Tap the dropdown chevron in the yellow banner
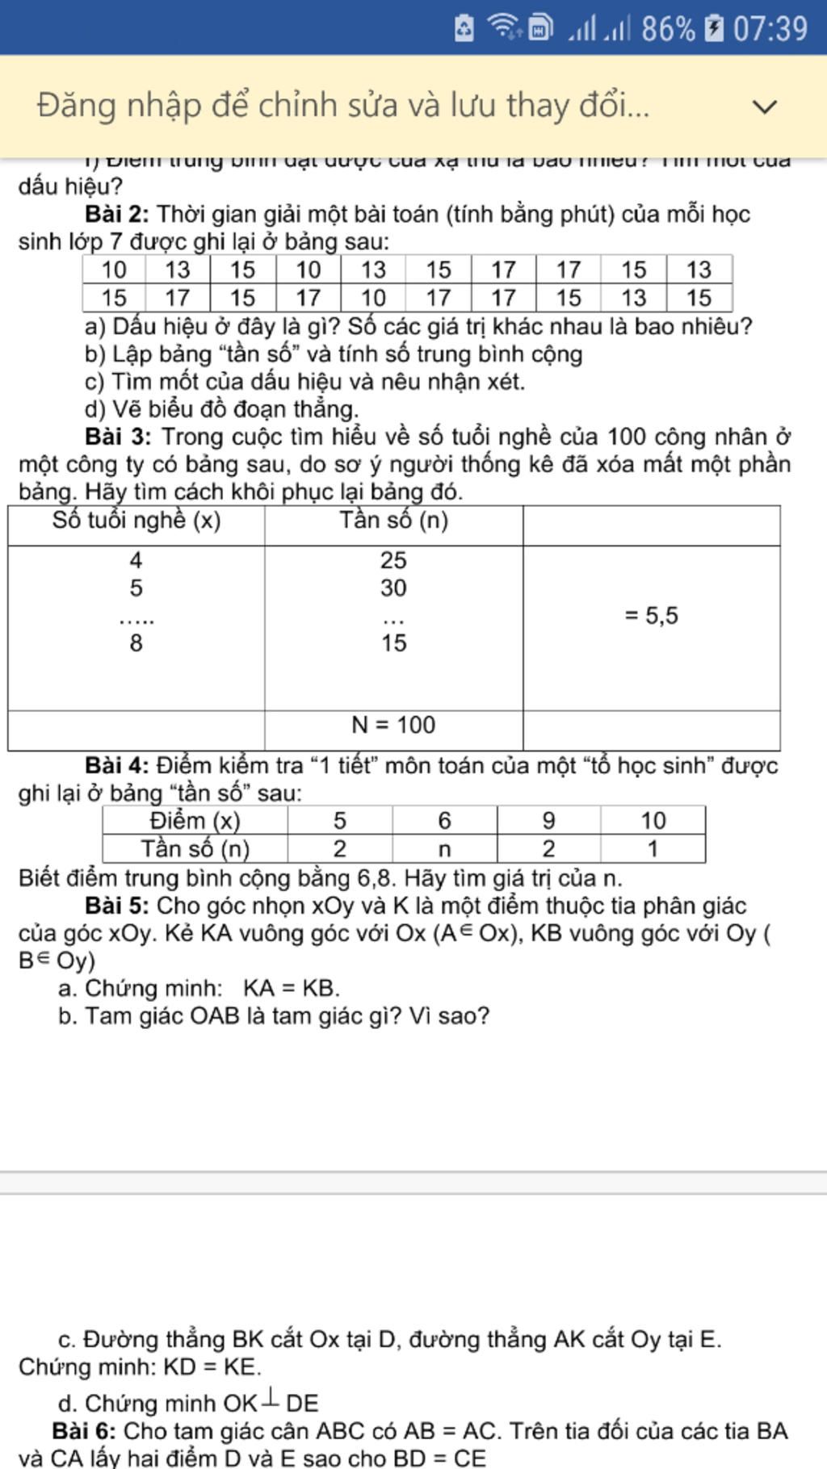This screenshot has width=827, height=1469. tap(764, 106)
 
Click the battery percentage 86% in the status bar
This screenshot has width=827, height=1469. tap(667, 29)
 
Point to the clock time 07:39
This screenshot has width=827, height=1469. tap(770, 29)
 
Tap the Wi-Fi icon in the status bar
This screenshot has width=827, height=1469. tap(505, 27)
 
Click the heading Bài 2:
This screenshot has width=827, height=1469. tap(117, 215)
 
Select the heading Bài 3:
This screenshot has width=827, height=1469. tap(118, 437)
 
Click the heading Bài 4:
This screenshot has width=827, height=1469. tap(117, 765)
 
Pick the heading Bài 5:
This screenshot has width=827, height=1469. tap(117, 906)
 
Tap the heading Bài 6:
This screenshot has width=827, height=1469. tap(84, 1431)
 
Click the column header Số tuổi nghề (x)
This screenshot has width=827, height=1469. tap(136, 521)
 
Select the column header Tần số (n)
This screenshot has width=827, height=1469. tap(393, 521)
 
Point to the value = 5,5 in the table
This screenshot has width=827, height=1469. tap(651, 616)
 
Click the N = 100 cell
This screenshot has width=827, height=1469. tap(393, 725)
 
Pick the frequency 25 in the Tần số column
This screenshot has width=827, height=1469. tap(393, 560)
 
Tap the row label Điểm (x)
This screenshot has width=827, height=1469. tap(195, 821)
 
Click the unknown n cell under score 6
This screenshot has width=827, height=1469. tap(444, 849)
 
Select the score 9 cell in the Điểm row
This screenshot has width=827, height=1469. tap(548, 821)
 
